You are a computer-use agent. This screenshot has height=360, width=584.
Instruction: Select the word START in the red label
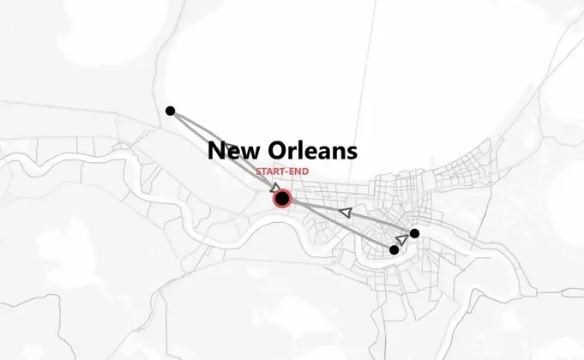[268, 172]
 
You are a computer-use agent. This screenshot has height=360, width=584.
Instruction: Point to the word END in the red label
[298, 172]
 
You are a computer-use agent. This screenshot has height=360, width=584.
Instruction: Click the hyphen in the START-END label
[286, 172]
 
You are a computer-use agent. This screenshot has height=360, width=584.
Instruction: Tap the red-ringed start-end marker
[282, 199]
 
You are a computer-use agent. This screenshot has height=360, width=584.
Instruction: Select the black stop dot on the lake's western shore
[171, 111]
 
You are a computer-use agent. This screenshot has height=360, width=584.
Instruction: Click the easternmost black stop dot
[414, 233]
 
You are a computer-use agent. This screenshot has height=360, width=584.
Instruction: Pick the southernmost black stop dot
[394, 250]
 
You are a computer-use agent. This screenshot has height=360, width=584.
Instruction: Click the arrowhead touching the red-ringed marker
[274, 188]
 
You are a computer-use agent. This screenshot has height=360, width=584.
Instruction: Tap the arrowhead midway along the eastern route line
[346, 211]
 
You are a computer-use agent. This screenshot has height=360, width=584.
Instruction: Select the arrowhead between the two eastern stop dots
[402, 240]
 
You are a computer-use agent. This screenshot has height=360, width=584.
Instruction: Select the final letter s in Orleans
[351, 153]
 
